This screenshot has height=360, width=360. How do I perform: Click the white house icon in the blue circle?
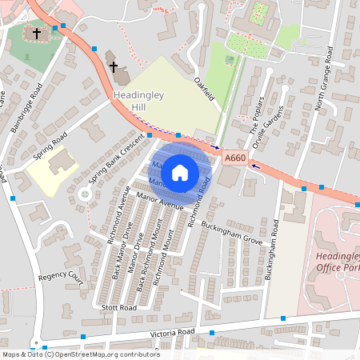click(180, 172)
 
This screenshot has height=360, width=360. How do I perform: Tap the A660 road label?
click(234, 158)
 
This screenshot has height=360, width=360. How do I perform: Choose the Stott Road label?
click(119, 306)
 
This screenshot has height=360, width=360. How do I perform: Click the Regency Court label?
click(61, 277)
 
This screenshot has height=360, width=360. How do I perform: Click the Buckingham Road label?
click(274, 248)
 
